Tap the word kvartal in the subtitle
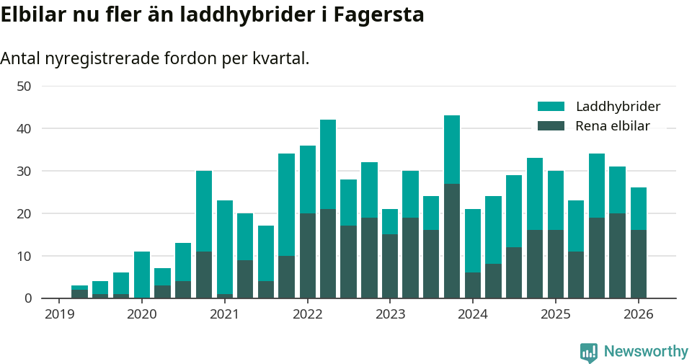coord(280,58)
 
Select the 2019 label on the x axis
coord(59,314)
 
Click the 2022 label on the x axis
coord(307,314)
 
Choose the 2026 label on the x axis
coord(638,314)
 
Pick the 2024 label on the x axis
coord(473,314)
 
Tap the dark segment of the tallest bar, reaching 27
coord(452,241)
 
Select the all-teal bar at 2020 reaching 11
coord(142,275)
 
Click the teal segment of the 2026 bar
coord(638,208)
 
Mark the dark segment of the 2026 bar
coord(638,264)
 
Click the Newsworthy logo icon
coord(589,352)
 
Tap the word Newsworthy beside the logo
coord(646,352)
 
